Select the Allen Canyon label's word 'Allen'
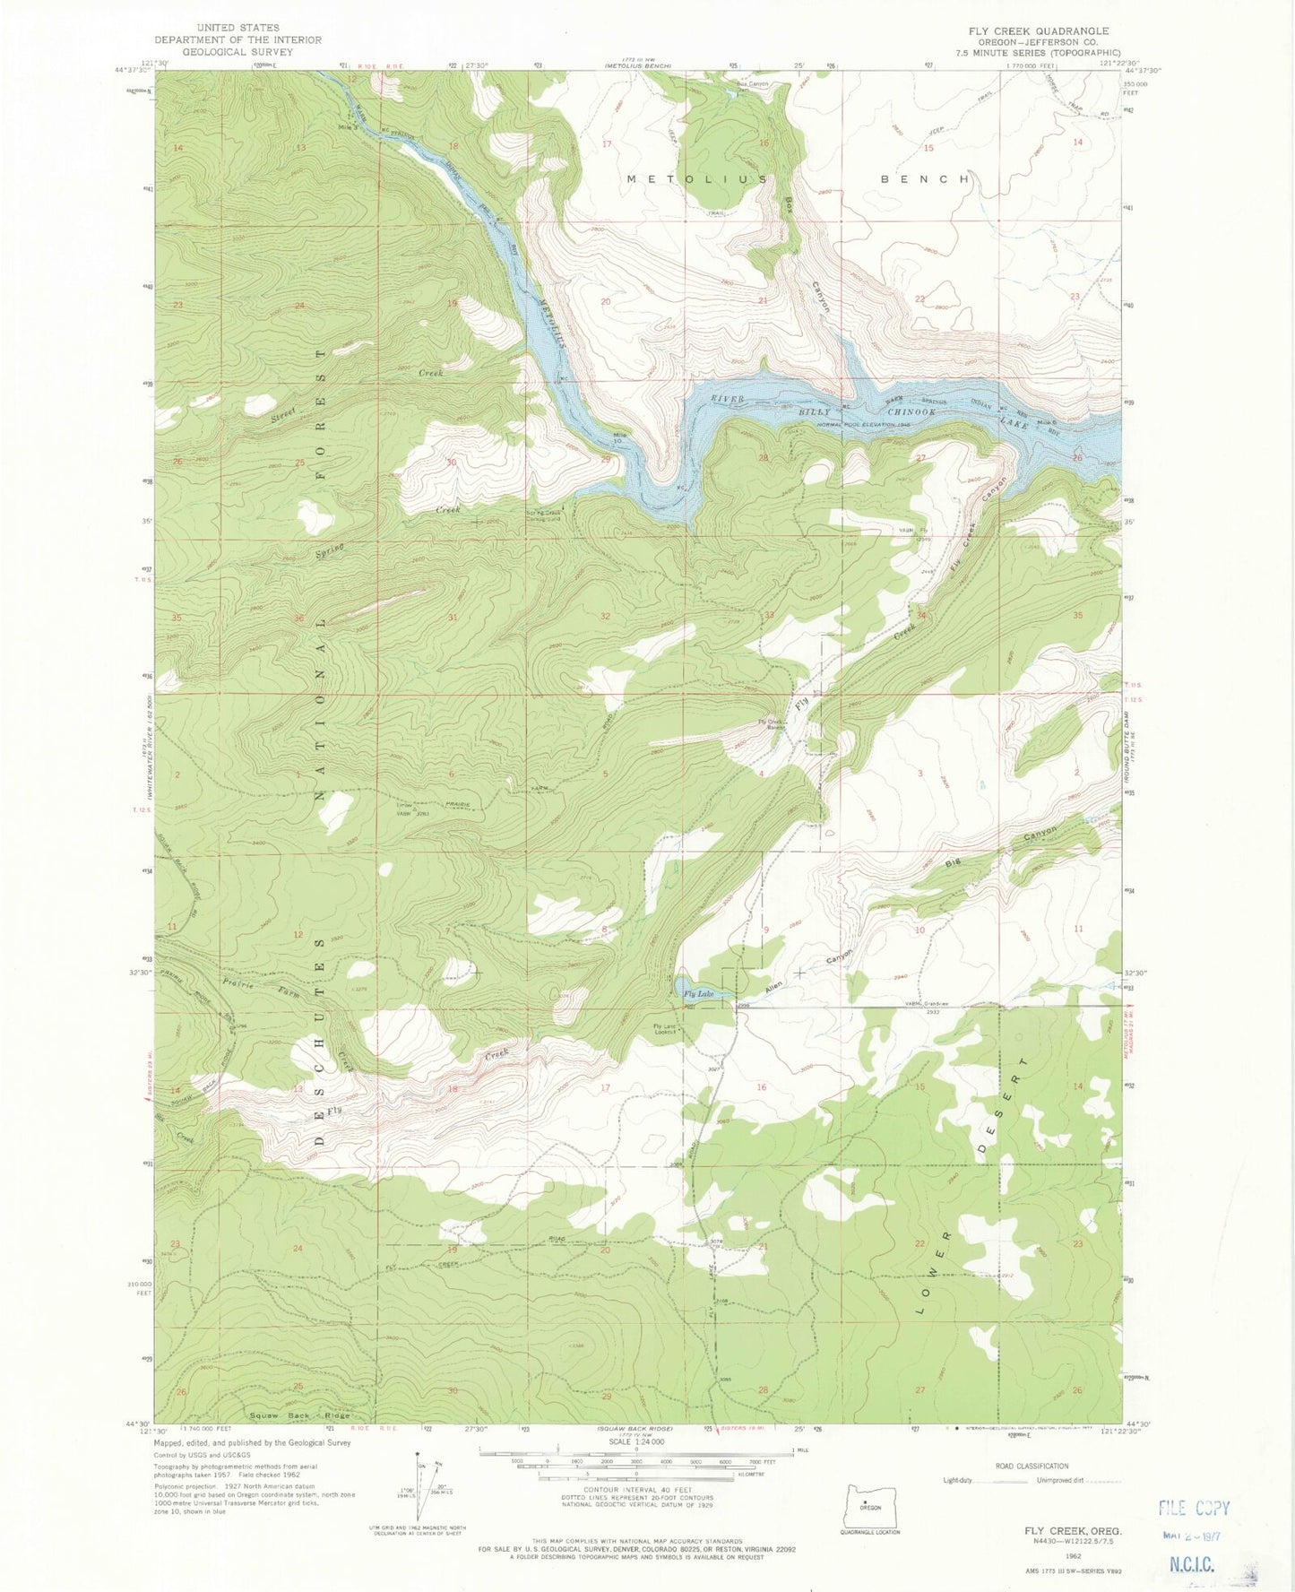776,988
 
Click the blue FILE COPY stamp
1194,1508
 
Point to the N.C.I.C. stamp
1190,1565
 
